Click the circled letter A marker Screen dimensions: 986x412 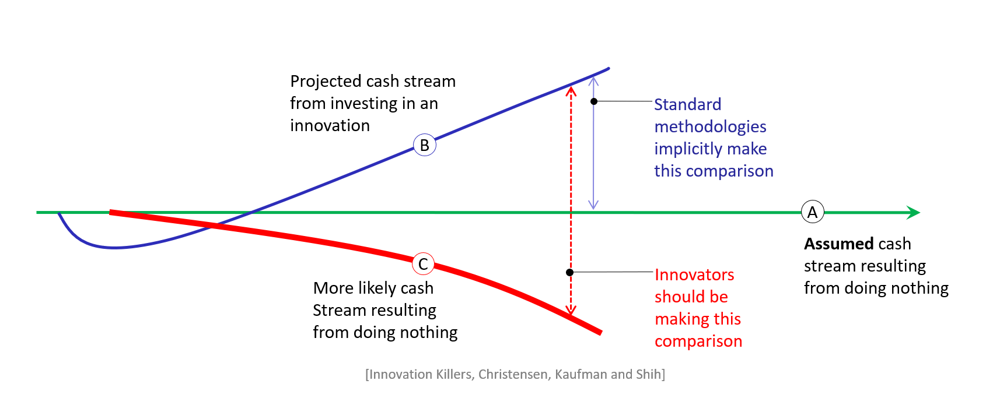812,212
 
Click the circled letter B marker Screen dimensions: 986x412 424,145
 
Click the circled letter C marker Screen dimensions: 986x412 423,264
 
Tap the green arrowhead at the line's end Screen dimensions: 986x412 914,212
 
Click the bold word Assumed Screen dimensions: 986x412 838,244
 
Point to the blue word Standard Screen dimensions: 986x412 687,105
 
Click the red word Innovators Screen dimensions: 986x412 694,275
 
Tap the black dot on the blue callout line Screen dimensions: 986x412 594,101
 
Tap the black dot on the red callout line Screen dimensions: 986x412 569,272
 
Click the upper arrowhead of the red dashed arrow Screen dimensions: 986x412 571,90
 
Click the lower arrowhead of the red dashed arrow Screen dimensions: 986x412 571,311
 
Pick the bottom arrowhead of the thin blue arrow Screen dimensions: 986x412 593,205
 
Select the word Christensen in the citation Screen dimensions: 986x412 512,374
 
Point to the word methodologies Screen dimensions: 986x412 710,127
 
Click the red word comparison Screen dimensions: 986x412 698,341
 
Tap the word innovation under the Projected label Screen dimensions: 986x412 330,126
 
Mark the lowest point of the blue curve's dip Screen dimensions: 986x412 114,248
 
